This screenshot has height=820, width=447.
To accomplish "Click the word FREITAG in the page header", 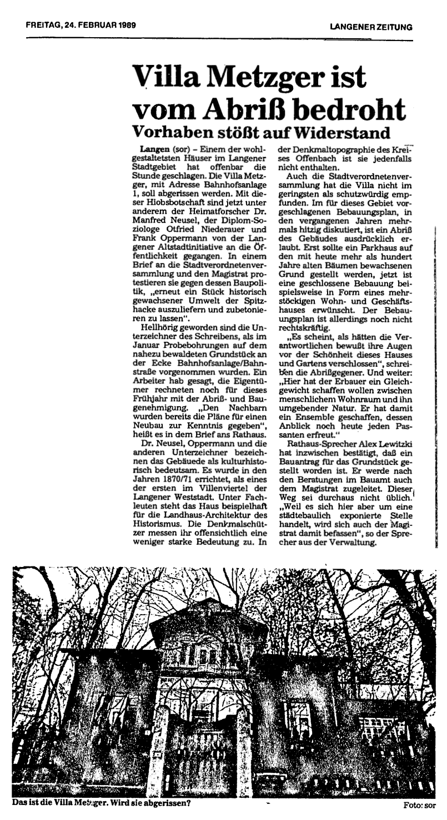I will pyautogui.click(x=43, y=25).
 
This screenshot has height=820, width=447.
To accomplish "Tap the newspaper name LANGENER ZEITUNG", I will pyautogui.click(x=370, y=27).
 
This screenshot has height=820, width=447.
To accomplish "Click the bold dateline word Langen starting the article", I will pyautogui.click(x=153, y=150).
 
